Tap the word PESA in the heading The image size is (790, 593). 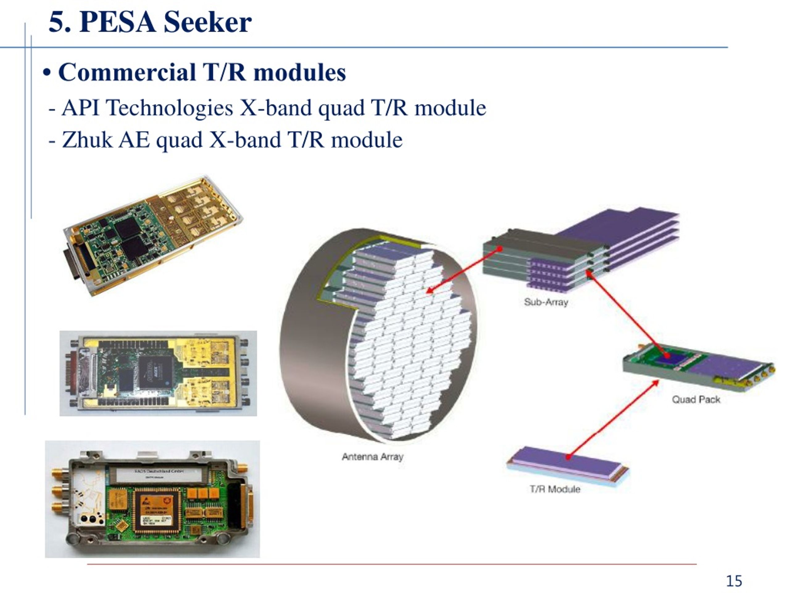coord(118,22)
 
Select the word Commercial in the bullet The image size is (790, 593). coord(127,72)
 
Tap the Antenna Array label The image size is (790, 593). coord(372,457)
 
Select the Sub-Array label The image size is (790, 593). coord(546,302)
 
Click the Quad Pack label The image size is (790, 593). coord(696,400)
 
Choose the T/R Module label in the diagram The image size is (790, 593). coord(555,489)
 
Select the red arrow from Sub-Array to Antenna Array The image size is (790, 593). coord(464,270)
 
